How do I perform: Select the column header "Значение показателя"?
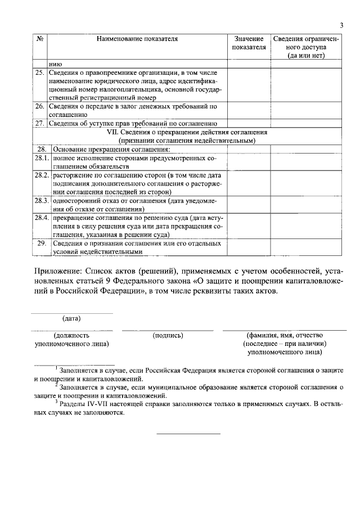(x=249, y=43)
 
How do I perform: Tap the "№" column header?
(x=40, y=39)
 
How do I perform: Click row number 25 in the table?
(x=40, y=73)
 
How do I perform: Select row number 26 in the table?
(x=40, y=106)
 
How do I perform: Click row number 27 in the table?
(x=40, y=123)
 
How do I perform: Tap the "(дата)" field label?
(x=71, y=319)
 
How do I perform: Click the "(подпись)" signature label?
(x=168, y=335)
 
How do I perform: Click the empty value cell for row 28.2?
(x=249, y=184)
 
